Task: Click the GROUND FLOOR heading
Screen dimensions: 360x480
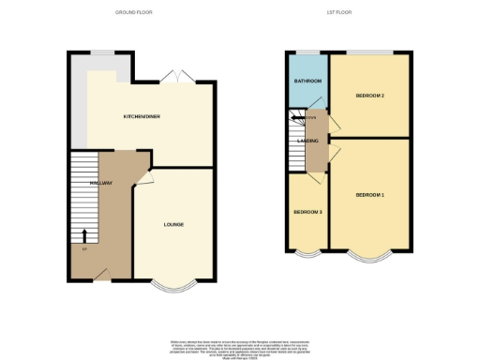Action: (x=133, y=12)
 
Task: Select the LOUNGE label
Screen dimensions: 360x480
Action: (x=172, y=224)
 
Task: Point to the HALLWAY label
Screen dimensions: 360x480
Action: (x=101, y=183)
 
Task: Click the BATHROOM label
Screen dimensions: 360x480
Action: (x=308, y=82)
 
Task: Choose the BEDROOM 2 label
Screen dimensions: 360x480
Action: (x=371, y=97)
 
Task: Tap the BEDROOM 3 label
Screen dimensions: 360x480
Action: (x=307, y=212)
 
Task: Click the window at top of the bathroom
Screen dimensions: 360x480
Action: (x=307, y=53)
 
